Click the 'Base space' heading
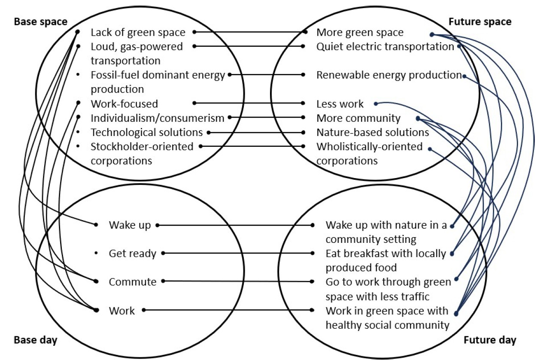(x=41, y=21)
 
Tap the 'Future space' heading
(x=479, y=21)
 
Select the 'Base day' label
(x=36, y=340)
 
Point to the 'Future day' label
(x=490, y=340)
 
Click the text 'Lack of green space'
(x=138, y=32)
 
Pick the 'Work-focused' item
(x=124, y=103)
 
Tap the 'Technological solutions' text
(x=146, y=132)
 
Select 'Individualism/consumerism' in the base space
(x=157, y=118)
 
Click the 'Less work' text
(x=340, y=104)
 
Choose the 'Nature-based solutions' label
(x=373, y=132)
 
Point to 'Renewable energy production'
(x=388, y=75)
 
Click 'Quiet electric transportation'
(x=385, y=46)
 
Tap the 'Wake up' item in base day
(x=130, y=225)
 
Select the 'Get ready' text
(x=132, y=254)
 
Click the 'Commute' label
(x=132, y=282)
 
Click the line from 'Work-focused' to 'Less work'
(x=249, y=103)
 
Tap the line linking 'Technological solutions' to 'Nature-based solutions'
(x=256, y=133)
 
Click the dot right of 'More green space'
(x=431, y=35)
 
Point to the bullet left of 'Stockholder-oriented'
(x=78, y=147)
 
